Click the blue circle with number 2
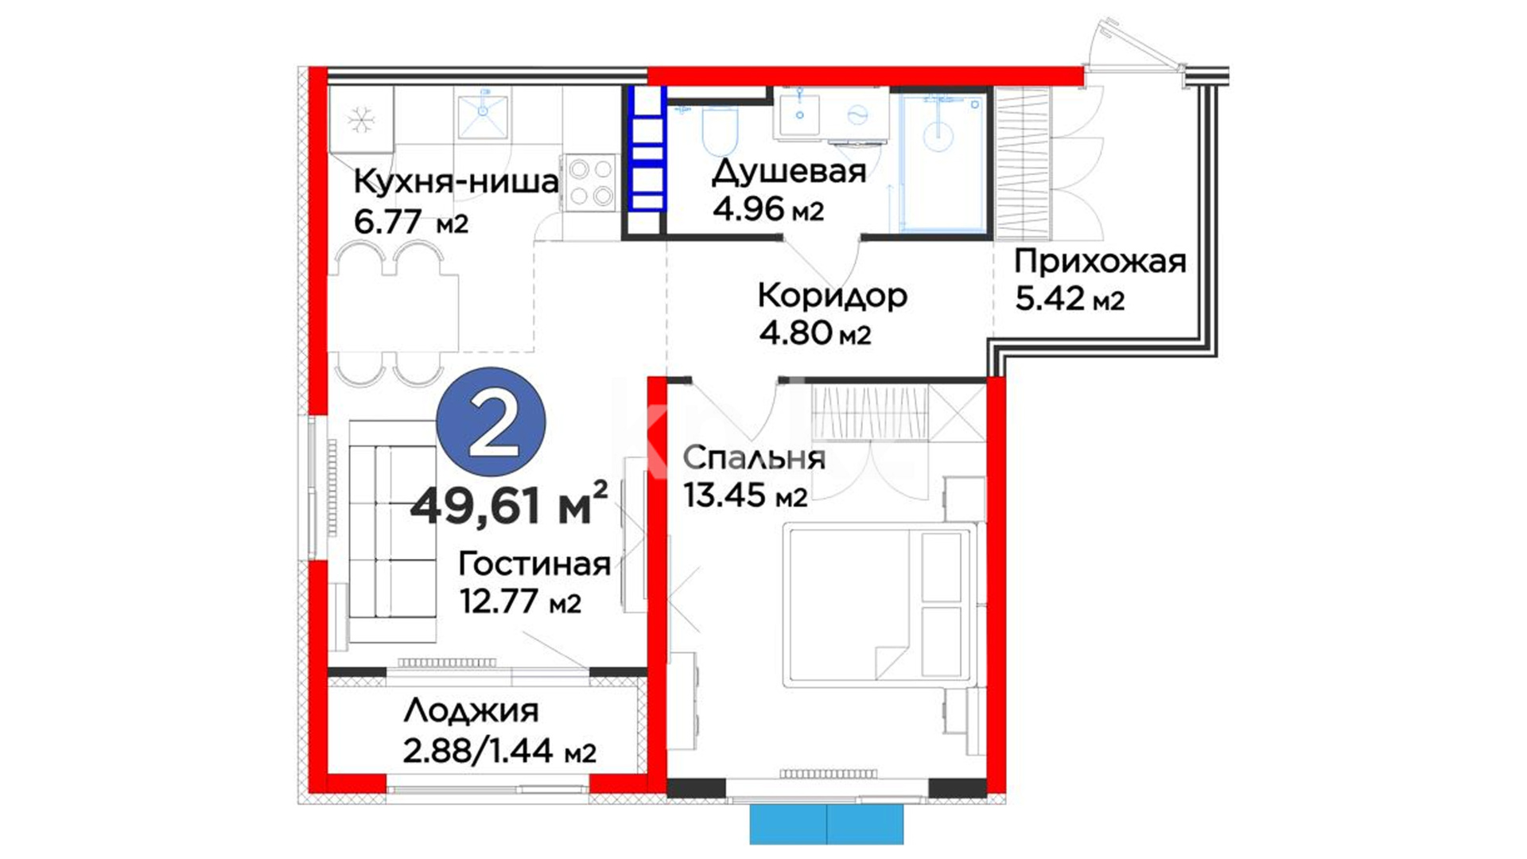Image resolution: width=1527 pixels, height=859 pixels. click(x=492, y=422)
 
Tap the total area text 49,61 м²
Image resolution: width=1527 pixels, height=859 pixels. click(x=509, y=504)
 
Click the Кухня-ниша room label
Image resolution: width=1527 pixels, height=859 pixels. click(x=456, y=182)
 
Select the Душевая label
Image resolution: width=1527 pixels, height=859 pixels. click(x=789, y=171)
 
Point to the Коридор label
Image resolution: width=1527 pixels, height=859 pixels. click(x=832, y=296)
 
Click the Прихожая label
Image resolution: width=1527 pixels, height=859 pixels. click(x=1100, y=262)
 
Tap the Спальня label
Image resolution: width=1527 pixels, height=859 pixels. click(x=754, y=457)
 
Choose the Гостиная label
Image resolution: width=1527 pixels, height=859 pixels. click(x=534, y=565)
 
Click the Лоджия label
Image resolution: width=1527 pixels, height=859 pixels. click(x=471, y=710)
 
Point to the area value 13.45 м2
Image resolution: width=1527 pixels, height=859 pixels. click(x=745, y=496)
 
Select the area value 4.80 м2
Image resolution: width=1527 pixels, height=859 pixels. click(x=814, y=332)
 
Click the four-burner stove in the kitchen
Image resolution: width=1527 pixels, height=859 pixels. click(x=591, y=182)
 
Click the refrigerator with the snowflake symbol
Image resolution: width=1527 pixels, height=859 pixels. click(x=361, y=119)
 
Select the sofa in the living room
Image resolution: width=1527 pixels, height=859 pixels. click(x=392, y=531)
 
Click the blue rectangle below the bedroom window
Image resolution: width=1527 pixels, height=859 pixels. click(x=826, y=824)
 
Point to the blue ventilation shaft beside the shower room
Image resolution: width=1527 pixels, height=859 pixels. click(x=647, y=148)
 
